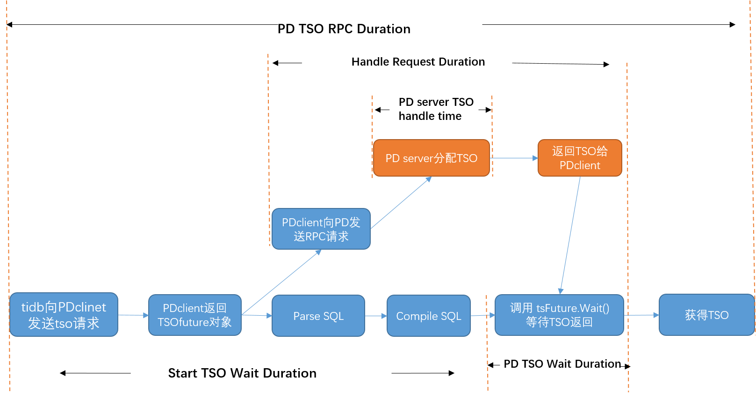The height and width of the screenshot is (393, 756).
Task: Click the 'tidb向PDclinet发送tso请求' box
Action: (x=64, y=315)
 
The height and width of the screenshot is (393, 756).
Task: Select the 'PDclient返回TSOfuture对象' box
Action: (x=194, y=315)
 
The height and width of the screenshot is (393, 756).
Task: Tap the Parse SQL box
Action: (x=318, y=316)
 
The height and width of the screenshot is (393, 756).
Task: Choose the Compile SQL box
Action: (x=428, y=316)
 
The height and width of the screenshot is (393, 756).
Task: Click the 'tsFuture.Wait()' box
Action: (x=559, y=315)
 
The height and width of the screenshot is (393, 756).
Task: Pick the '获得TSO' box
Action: (x=706, y=315)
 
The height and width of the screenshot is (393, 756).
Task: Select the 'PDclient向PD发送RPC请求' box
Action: (x=321, y=229)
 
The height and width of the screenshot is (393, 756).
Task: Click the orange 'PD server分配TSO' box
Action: (x=431, y=158)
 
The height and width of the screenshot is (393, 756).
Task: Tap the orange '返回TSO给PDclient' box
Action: (x=580, y=158)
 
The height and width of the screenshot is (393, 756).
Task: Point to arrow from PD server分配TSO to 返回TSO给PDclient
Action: (x=514, y=158)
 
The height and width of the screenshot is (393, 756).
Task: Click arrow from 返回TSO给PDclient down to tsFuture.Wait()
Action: (x=570, y=234)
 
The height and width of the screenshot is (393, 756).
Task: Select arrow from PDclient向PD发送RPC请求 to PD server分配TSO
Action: (x=401, y=203)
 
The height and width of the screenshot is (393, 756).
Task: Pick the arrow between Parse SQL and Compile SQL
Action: (x=376, y=316)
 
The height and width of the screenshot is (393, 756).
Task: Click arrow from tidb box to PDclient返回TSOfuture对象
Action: (x=133, y=315)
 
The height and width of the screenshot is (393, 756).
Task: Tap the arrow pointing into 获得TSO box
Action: (x=641, y=315)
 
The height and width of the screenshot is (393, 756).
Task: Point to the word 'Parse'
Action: (x=306, y=316)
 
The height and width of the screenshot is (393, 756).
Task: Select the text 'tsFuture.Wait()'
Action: (x=573, y=308)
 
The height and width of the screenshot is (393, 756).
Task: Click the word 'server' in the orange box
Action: (x=418, y=158)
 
